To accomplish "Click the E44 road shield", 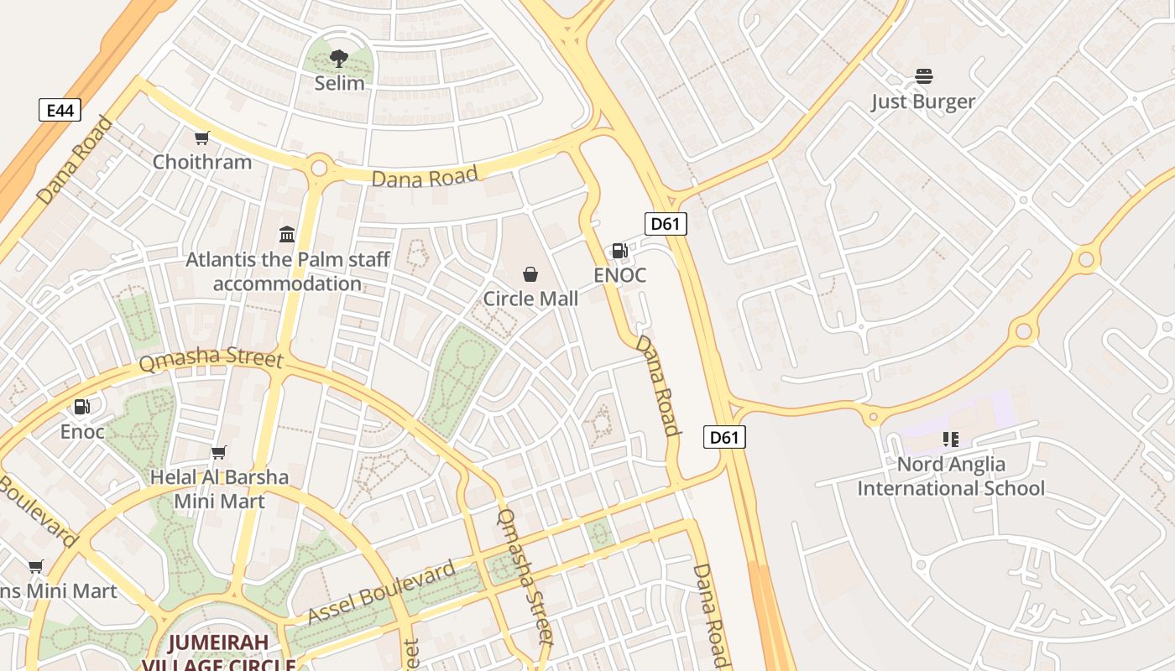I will click(x=60, y=110).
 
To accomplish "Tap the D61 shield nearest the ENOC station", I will click(x=666, y=224).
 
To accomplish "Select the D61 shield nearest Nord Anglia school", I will click(x=723, y=437).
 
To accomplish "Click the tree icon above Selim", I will click(x=338, y=59).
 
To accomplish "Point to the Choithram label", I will click(x=201, y=162).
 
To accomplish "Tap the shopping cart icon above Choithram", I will click(x=201, y=138).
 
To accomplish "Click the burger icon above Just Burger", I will click(x=923, y=77).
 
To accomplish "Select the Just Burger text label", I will click(x=922, y=102).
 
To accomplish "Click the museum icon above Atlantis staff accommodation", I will click(x=287, y=234).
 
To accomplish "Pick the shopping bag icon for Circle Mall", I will click(x=530, y=274).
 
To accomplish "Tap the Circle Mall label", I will click(x=530, y=299).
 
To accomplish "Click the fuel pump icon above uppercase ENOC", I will click(x=619, y=250).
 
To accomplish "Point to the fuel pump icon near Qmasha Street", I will click(x=82, y=407).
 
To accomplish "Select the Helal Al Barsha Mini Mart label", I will click(x=219, y=489).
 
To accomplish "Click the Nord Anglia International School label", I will click(x=951, y=476).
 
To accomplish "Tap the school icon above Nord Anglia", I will click(x=950, y=439).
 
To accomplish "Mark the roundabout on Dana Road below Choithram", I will click(x=319, y=167).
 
